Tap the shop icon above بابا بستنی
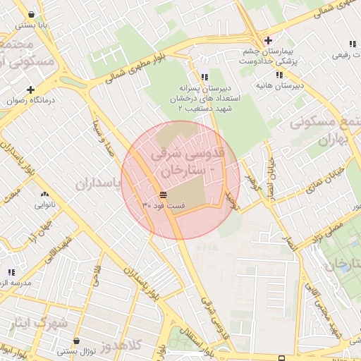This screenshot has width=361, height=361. pos(32,13)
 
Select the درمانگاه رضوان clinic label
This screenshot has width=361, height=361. pos(30,100)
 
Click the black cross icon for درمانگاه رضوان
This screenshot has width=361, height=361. pos(30,90)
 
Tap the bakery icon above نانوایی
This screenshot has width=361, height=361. pos(45,195)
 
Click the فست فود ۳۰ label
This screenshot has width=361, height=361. pos(163,204)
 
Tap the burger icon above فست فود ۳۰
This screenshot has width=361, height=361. pos(163,194)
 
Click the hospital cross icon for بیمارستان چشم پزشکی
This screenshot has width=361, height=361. pos(267,40)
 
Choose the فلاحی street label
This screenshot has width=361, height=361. pos(97,271)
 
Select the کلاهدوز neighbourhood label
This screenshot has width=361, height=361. pos(121,345)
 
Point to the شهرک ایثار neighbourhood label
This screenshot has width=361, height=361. pos(35,324)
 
